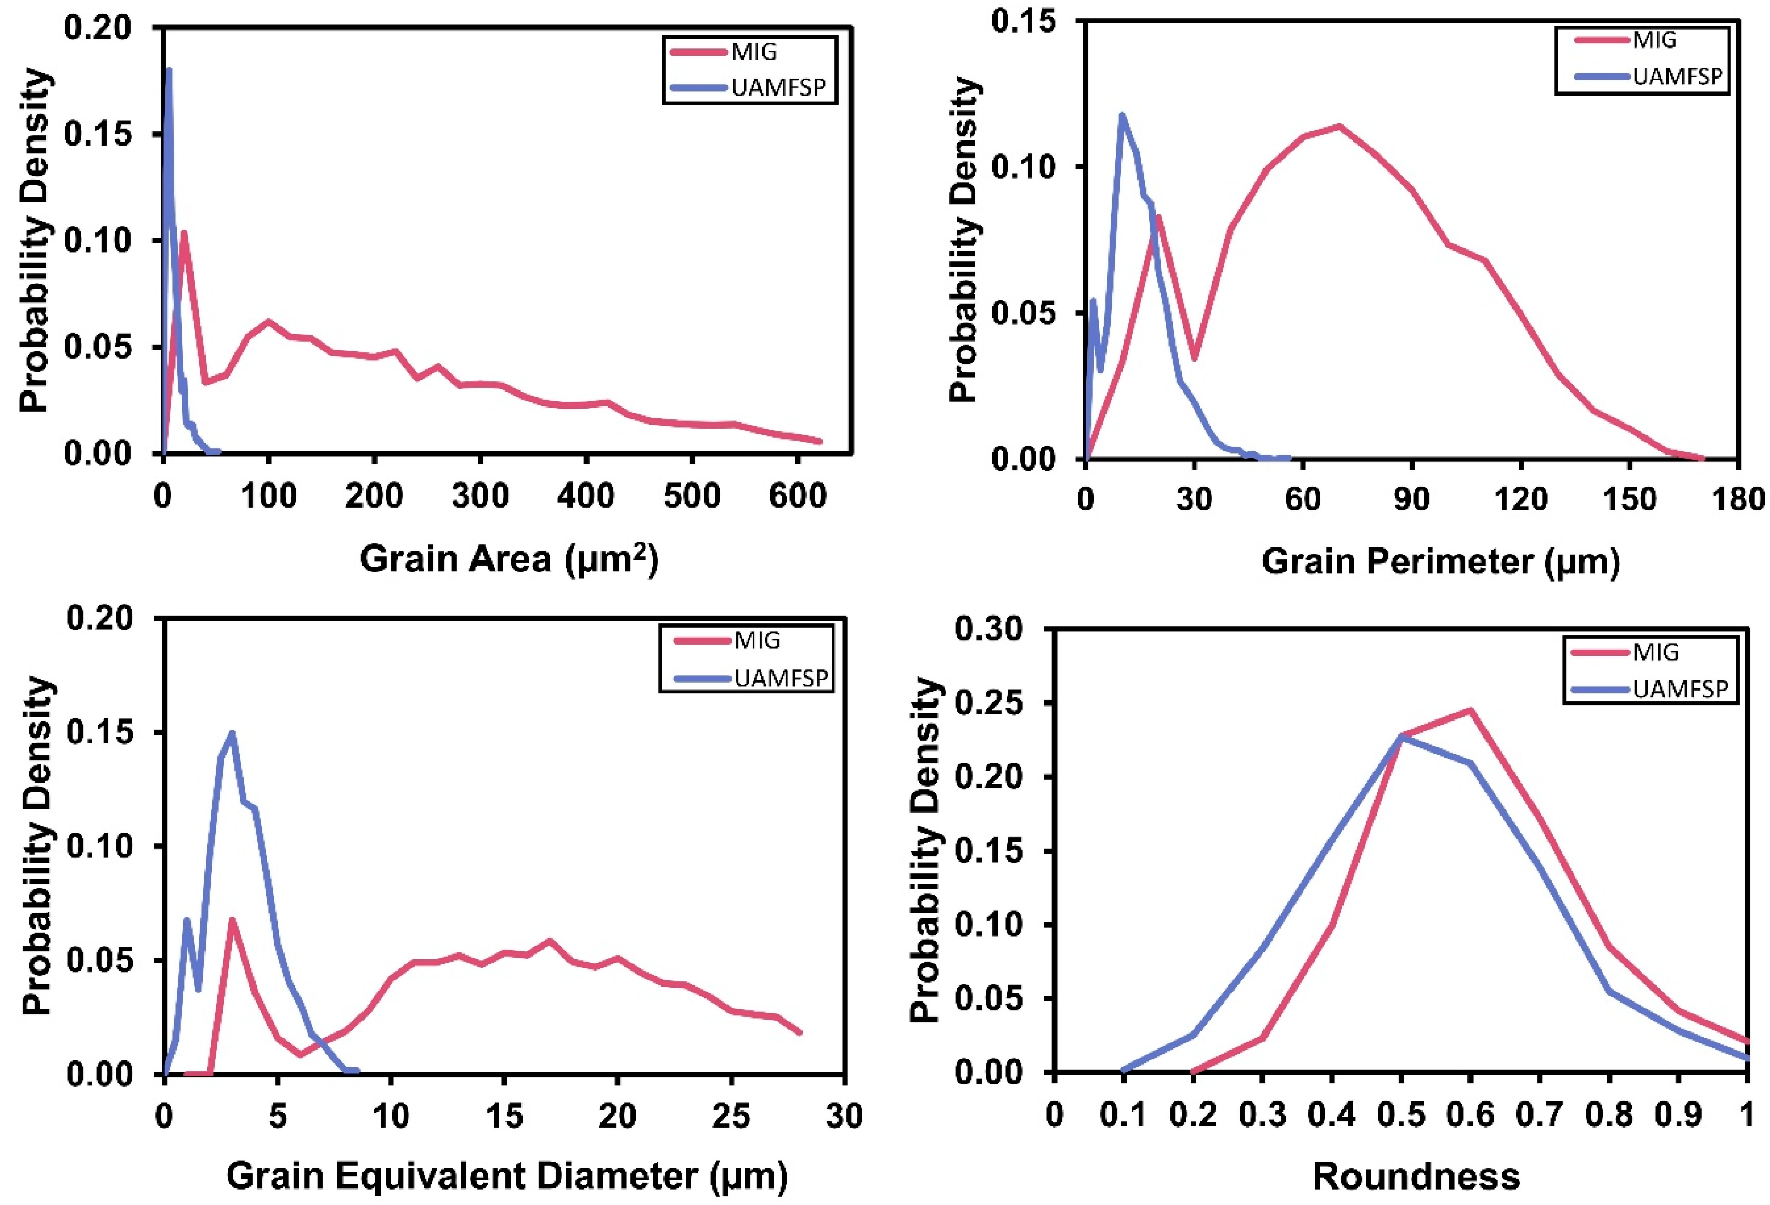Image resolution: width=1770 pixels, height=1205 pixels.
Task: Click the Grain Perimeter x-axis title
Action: [1440, 562]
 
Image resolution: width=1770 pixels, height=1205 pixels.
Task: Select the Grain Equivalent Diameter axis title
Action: [507, 1175]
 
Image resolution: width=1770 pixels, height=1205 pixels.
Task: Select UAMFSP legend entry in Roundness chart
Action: [1679, 688]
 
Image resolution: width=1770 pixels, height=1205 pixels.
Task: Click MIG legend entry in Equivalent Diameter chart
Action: [756, 640]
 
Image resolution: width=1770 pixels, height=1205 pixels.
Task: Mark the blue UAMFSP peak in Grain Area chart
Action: [168, 70]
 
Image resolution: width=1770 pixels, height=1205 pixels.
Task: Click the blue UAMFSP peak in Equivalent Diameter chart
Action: [232, 733]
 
